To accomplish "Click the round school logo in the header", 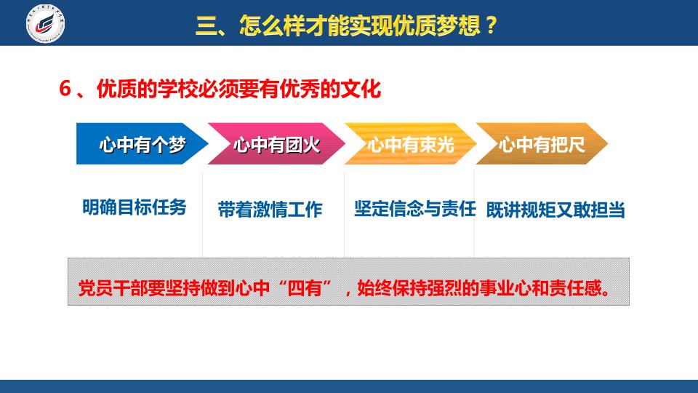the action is coord(45,23).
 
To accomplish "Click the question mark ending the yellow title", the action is coord(492,25).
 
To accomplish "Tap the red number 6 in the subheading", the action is coord(65,89).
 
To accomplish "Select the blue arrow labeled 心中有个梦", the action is coord(142,143).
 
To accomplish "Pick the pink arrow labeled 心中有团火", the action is coord(276,143).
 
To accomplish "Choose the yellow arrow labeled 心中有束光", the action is coord(410,143).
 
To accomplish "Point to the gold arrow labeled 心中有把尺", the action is coord(542,143).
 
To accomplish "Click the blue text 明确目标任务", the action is coord(135,207).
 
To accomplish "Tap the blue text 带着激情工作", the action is coord(270,210).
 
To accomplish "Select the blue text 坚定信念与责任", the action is coord(415,209).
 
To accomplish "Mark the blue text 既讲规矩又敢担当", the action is coord(555,210).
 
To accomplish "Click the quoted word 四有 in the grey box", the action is coord(305,288).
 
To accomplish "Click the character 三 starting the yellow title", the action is coord(206,25).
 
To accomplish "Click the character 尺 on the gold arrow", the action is coord(576,145).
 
